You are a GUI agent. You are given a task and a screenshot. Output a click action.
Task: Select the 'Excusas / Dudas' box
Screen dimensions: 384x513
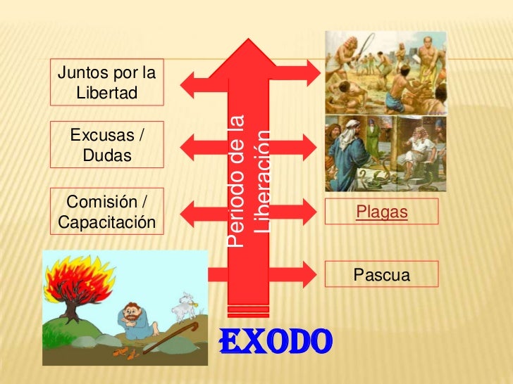click(107, 144)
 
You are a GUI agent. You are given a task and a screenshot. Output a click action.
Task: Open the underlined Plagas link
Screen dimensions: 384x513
click(382, 211)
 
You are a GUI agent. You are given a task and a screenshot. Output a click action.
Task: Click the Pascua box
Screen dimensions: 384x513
click(382, 274)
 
